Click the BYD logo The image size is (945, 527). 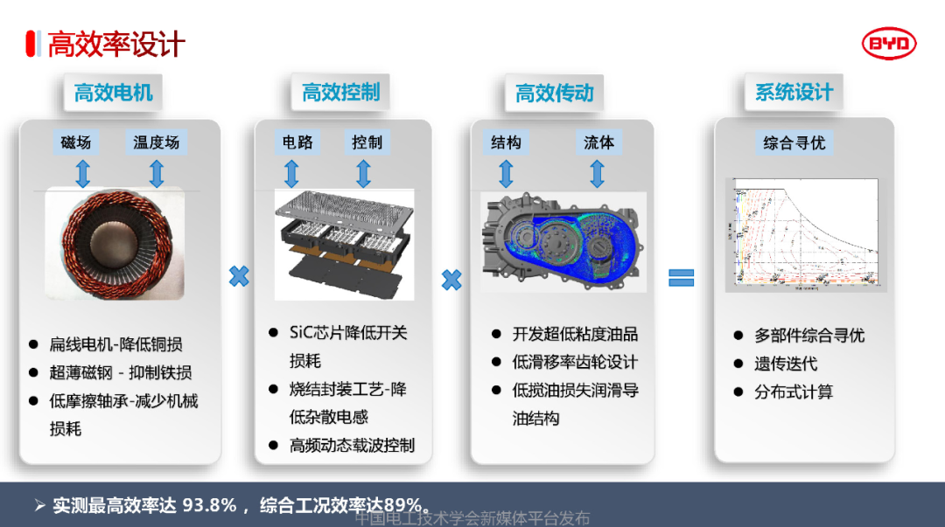pos(889,43)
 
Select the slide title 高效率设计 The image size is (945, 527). pos(115,44)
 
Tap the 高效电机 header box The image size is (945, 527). pos(113,93)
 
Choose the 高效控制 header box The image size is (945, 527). pos(340,92)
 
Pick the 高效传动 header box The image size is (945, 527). pos(554,93)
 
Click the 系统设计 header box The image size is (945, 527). pos(794,92)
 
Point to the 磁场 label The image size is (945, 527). pos(75,142)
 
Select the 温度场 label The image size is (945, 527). pos(156,142)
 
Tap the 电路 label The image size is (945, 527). pos(297,142)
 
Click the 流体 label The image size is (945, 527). pos(598,142)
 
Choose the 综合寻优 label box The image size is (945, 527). pos(794,142)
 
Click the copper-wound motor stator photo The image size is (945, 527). pos(114,246)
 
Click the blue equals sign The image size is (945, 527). pos(681,277)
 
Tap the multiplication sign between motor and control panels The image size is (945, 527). pos(238,277)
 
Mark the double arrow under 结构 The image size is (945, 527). pos(506,173)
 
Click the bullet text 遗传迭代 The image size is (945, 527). pos(786,364)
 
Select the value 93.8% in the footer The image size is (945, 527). pos(210,505)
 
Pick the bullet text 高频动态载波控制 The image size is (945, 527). pos(352,445)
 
